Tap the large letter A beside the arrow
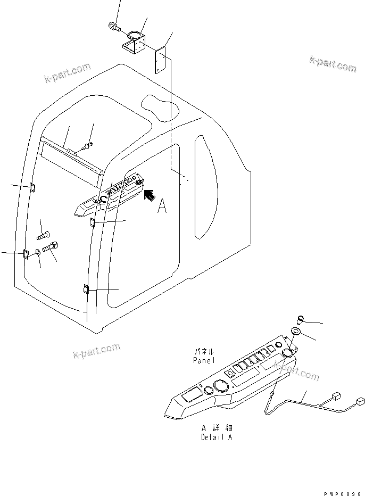[162, 206]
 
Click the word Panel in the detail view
[204, 360]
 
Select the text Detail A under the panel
[217, 437]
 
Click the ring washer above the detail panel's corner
[296, 334]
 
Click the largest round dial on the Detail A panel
[219, 386]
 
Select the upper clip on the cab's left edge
[31, 186]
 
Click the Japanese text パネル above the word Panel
[204, 352]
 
